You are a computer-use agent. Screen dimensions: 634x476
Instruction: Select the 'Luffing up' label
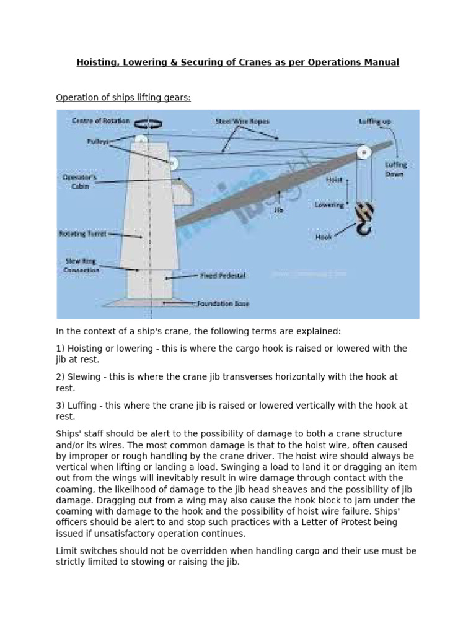[375, 122]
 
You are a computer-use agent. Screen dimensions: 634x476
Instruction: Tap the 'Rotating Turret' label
[82, 234]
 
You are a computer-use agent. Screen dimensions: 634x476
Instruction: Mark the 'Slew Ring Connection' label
[81, 266]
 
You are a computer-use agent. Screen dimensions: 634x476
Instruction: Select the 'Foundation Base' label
[223, 304]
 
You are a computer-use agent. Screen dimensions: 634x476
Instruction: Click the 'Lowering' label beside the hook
[328, 205]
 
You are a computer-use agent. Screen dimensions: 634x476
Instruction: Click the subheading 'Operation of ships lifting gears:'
[123, 97]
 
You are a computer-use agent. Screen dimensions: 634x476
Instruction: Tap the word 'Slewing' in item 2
[84, 376]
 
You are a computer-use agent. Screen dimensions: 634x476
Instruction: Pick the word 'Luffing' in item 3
[82, 406]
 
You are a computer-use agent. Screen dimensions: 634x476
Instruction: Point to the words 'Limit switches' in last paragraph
[84, 550]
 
